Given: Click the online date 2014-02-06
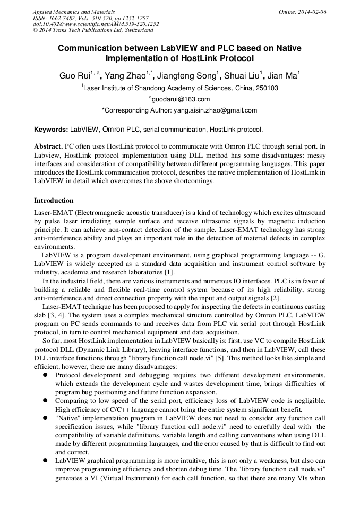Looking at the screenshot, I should pyautogui.click(x=312, y=11).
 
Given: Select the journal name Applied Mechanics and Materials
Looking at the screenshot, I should pyautogui.click(x=74, y=11).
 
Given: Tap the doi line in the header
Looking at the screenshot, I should pyautogui.click(x=96, y=24).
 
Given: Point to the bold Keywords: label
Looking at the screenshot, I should pyautogui.click(x=51, y=129).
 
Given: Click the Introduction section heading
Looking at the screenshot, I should pyautogui.click(x=54, y=201).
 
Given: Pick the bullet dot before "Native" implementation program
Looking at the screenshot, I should pyautogui.click(x=45, y=418).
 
